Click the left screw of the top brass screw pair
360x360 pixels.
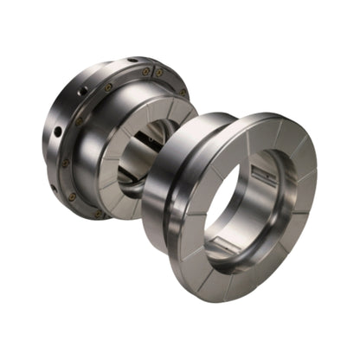tap(145, 72)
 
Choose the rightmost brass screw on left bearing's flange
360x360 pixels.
tap(182, 92)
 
